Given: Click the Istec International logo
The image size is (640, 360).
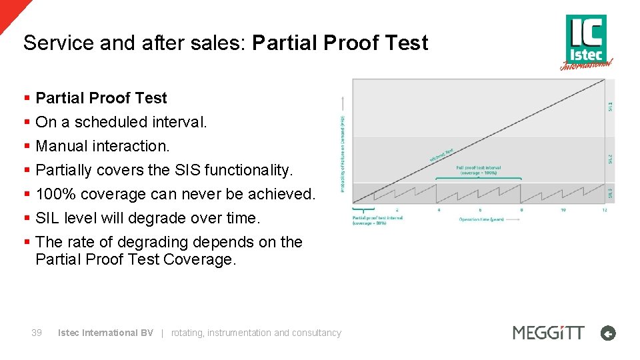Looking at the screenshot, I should coord(586,41).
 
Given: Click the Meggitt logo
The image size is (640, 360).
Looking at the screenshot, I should coord(548,333).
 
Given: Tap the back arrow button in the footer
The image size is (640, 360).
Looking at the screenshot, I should coord(607,333).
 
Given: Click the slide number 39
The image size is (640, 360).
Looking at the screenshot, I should coord(37,333).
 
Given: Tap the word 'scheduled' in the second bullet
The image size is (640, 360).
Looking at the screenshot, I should coord(111,122).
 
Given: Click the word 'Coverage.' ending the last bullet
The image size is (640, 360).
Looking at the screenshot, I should coord(199,259).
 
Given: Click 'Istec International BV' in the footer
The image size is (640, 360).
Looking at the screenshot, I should coord(105,333).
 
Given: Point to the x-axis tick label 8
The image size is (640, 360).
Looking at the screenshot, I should coord(521,210).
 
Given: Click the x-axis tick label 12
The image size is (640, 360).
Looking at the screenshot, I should coord(605,210).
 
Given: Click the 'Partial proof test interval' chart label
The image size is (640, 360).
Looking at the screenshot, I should coord(378,217).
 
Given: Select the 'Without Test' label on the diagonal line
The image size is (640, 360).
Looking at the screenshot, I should coord(441,154).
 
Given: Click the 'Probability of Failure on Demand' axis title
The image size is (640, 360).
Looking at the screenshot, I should coord(343,153).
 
